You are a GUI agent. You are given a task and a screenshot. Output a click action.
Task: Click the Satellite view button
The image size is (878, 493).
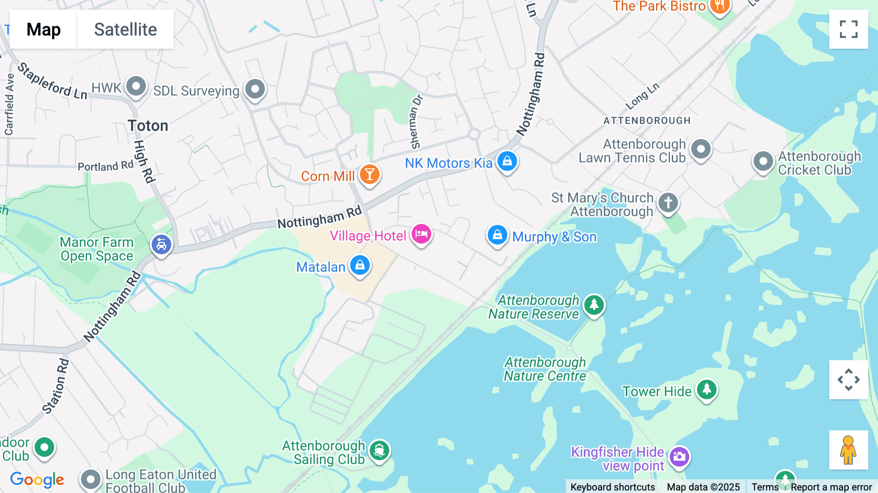125,29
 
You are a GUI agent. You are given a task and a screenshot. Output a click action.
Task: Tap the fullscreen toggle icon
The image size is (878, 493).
848,29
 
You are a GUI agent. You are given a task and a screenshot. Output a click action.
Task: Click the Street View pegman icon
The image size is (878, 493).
848,450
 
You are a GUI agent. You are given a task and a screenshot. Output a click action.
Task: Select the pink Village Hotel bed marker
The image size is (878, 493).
421,234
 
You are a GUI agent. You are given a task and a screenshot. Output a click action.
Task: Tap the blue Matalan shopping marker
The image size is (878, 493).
360,265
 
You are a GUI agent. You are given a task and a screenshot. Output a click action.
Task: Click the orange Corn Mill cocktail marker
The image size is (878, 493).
369,174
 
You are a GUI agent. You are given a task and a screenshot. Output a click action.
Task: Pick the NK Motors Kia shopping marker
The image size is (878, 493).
507,161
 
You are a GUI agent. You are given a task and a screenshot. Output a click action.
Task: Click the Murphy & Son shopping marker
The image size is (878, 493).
497,235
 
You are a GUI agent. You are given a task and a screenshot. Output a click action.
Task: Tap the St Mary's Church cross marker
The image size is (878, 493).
668,202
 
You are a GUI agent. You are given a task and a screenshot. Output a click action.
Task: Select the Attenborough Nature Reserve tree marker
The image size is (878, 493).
594,305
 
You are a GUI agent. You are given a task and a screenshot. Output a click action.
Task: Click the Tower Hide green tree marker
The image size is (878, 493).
706,390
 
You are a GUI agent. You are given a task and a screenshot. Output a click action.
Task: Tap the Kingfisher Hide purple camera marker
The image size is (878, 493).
679,457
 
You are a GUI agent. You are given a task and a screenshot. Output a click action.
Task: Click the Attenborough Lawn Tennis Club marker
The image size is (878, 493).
701,149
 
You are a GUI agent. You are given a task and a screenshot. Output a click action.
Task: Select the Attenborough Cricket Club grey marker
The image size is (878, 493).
763,161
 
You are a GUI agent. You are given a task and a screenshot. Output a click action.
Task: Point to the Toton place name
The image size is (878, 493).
148,126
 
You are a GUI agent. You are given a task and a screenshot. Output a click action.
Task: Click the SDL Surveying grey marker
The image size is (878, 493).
255,89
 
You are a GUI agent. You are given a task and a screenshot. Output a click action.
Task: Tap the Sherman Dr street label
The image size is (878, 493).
416,122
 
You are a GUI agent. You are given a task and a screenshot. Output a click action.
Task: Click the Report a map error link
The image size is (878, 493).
831,487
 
